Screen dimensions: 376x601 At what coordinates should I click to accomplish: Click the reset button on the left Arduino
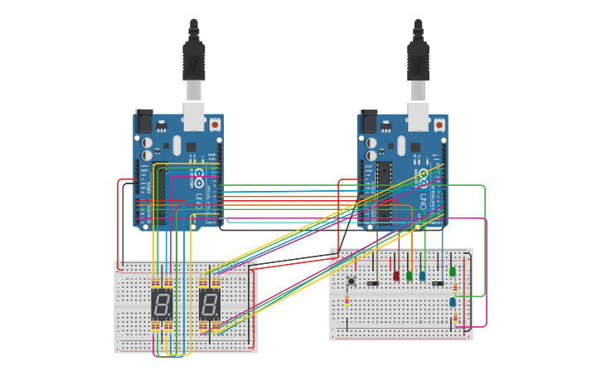pyautogui.click(x=215, y=125)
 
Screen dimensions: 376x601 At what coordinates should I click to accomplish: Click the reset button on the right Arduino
pyautogui.click(x=439, y=125)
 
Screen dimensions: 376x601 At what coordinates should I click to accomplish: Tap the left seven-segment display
pyautogui.click(x=162, y=305)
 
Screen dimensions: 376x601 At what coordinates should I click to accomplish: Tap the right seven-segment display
pyautogui.click(x=210, y=305)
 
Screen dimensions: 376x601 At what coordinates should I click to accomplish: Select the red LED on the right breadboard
pyautogui.click(x=396, y=275)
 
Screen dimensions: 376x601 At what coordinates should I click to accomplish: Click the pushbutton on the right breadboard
pyautogui.click(x=351, y=282)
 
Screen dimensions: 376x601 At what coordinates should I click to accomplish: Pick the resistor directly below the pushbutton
pyautogui.click(x=347, y=301)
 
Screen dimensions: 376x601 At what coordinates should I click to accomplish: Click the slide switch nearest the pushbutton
pyautogui.click(x=373, y=283)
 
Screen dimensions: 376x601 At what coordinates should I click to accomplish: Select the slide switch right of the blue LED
pyautogui.click(x=438, y=283)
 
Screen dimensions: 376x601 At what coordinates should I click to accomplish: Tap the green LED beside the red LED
pyautogui.click(x=410, y=275)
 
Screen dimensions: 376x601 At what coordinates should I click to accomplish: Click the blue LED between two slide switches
pyautogui.click(x=423, y=275)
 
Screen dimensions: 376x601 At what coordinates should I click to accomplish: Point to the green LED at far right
pyautogui.click(x=453, y=271)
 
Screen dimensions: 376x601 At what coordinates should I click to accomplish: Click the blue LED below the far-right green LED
pyautogui.click(x=453, y=301)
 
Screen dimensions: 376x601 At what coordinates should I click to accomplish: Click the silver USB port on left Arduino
pyautogui.click(x=193, y=117)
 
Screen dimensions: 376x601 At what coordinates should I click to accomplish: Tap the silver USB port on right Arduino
pyautogui.click(x=418, y=117)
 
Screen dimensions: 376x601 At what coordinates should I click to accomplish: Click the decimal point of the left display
pyautogui.click(x=172, y=318)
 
